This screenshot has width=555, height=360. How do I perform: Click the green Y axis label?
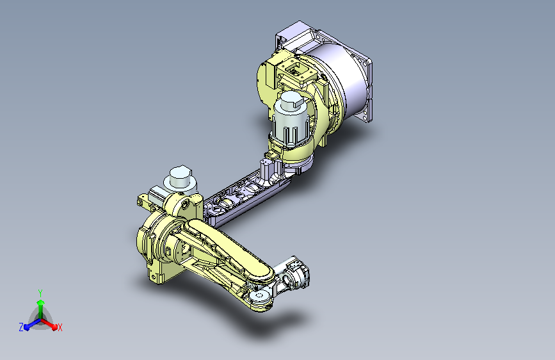[40, 293]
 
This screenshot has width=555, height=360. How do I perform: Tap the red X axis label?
[60, 327]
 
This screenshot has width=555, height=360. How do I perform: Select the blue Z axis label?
[21, 327]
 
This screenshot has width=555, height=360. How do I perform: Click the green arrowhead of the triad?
[41, 302]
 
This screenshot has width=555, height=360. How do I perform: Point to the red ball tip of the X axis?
[54, 327]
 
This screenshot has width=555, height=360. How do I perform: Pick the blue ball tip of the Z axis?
[27, 327]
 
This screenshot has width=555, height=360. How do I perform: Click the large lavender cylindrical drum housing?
[340, 82]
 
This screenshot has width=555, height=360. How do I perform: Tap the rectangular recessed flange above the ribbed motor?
[296, 72]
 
